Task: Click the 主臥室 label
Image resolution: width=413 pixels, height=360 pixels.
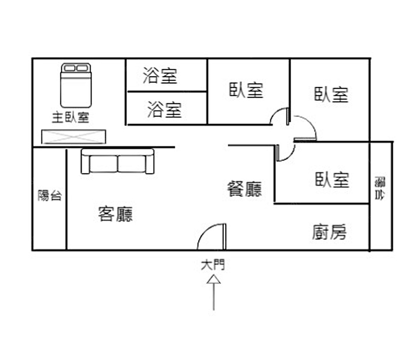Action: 70,118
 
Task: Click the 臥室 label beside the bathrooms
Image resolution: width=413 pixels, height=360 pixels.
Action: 247,90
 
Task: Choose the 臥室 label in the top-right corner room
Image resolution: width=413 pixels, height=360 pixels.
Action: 331,95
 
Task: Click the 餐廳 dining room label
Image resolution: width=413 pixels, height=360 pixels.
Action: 244,189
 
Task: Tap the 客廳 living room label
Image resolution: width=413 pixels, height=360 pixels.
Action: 116,214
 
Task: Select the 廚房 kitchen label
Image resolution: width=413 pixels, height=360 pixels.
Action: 329,232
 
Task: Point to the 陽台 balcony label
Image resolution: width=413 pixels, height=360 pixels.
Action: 50,195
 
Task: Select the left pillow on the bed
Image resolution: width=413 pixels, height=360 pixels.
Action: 69,68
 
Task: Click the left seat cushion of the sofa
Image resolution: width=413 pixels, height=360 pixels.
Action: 104,163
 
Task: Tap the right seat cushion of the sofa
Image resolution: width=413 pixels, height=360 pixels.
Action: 131,163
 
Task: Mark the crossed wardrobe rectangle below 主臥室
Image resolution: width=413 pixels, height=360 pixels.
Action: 74,137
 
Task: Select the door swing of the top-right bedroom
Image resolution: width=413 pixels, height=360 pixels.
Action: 306,128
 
